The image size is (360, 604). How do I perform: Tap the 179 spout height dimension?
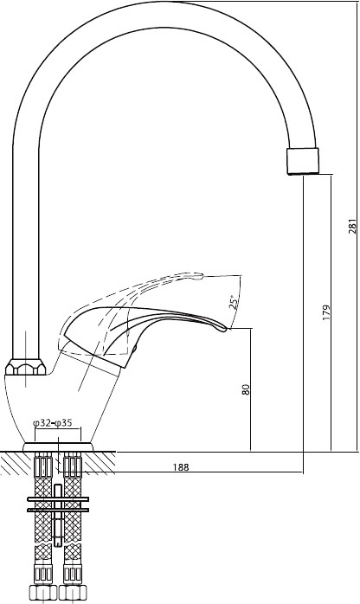tap(326, 312)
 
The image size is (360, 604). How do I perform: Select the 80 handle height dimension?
tap(246, 389)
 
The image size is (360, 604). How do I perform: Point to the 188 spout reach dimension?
tap(181, 467)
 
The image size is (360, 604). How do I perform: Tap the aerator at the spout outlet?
tap(304, 161)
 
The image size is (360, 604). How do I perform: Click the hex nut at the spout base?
tap(25, 367)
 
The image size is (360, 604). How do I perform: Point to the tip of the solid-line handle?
tap(228, 330)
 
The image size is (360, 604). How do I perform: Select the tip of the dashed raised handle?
tap(202, 275)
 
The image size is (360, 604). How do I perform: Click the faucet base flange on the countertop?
tap(58, 447)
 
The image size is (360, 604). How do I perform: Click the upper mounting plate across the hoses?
tap(58, 499)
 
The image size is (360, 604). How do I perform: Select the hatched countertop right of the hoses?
tap(99, 463)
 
